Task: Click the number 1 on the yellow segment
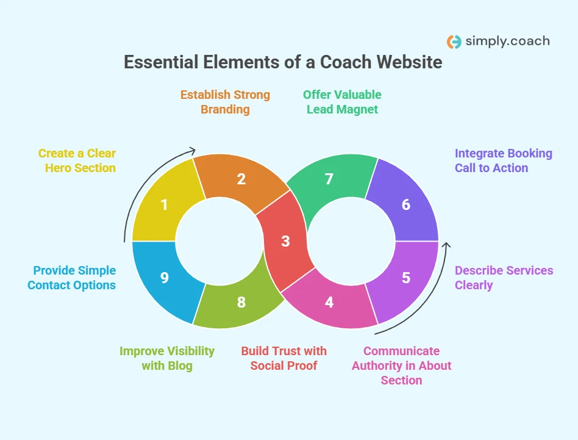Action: click(x=164, y=204)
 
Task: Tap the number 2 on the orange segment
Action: click(x=241, y=179)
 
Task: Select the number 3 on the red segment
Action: click(x=285, y=241)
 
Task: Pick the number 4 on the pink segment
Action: click(x=329, y=301)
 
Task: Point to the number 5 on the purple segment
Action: click(x=406, y=278)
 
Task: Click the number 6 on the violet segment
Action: click(x=406, y=204)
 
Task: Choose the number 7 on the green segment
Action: click(x=329, y=179)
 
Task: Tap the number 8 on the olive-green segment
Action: click(x=241, y=301)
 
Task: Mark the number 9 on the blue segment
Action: click(x=164, y=278)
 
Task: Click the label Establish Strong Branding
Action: click(x=225, y=102)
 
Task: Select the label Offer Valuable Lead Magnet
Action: click(x=342, y=102)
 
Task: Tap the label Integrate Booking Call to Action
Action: click(x=504, y=160)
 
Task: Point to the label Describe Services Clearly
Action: click(x=504, y=278)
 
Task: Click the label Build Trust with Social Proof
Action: click(x=284, y=358)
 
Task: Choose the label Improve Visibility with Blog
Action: click(x=167, y=358)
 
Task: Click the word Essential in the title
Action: click(x=162, y=62)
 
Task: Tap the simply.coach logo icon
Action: click(x=454, y=41)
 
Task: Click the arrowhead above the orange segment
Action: click(x=193, y=150)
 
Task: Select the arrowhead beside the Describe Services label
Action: click(x=446, y=245)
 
